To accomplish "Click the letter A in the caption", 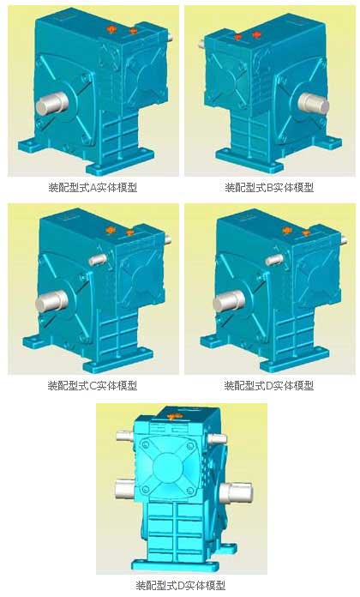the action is click(x=93, y=187).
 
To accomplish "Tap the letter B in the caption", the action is click(x=270, y=187).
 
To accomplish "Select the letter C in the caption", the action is click(x=93, y=386).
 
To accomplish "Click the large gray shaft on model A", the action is click(x=51, y=103).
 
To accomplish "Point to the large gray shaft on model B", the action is click(x=313, y=104).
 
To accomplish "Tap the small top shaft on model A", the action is click(x=170, y=38).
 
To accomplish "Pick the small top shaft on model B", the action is click(x=201, y=44).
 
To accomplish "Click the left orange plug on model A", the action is click(x=111, y=28).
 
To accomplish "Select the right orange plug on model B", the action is click(x=256, y=35).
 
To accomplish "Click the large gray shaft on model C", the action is click(x=51, y=301).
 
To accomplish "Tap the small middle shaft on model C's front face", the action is click(x=98, y=259).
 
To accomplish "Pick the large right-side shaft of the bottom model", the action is click(x=236, y=492).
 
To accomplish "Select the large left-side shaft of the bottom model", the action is click(x=124, y=489).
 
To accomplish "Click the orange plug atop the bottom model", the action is click(x=172, y=417).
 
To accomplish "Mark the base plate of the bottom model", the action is click(x=175, y=564).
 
